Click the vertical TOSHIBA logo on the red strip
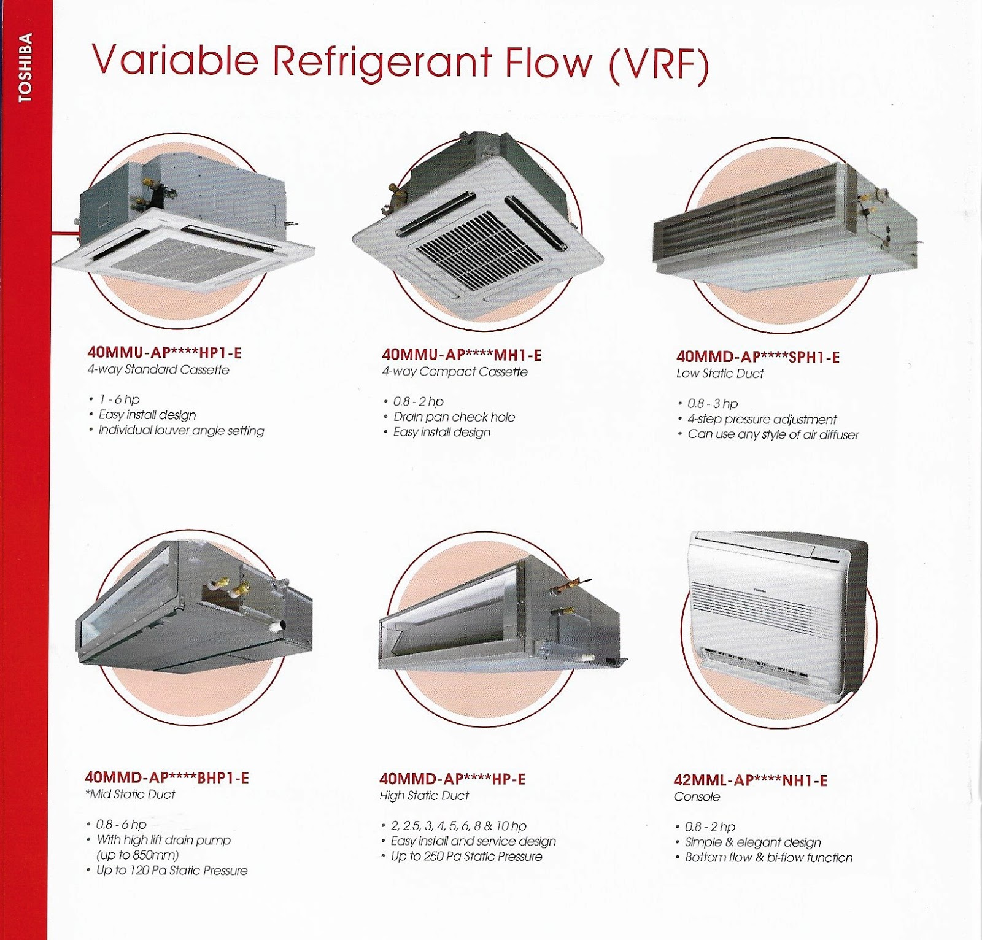(25, 68)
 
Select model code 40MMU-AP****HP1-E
(164, 353)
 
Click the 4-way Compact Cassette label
(454, 372)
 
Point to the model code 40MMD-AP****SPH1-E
(757, 357)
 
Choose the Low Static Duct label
(719, 374)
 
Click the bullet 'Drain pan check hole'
(454, 417)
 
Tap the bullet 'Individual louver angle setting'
(181, 431)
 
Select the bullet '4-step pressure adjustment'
(762, 420)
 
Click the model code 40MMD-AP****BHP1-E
(167, 778)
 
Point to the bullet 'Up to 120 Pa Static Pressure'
(172, 871)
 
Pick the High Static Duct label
(423, 796)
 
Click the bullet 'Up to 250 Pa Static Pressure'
(466, 857)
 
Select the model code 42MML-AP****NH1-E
(750, 780)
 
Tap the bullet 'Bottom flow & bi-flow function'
(768, 858)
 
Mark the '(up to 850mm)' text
(137, 855)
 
